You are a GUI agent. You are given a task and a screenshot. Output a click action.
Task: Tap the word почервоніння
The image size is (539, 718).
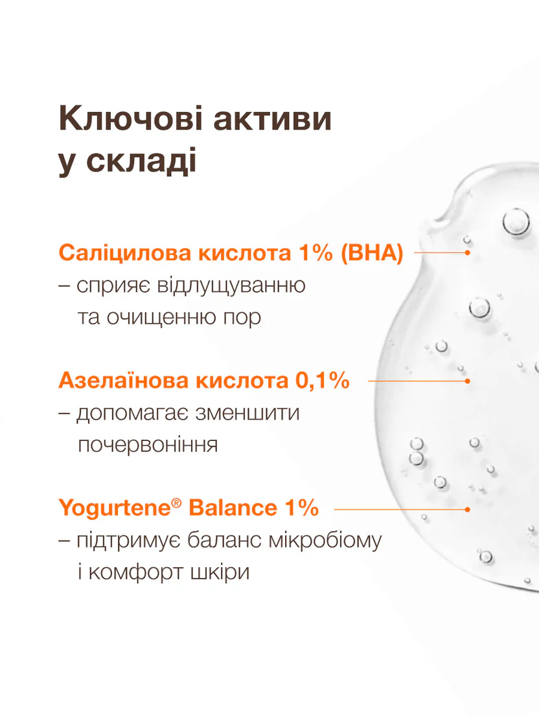point(146,445)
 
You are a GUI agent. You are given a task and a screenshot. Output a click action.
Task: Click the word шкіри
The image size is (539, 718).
point(218,573)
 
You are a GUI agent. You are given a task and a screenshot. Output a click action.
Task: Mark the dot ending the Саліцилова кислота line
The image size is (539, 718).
point(467,252)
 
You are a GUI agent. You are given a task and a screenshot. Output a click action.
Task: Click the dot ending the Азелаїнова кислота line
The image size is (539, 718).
point(467,381)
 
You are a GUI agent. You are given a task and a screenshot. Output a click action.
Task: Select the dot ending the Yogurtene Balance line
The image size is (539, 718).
point(467,509)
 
